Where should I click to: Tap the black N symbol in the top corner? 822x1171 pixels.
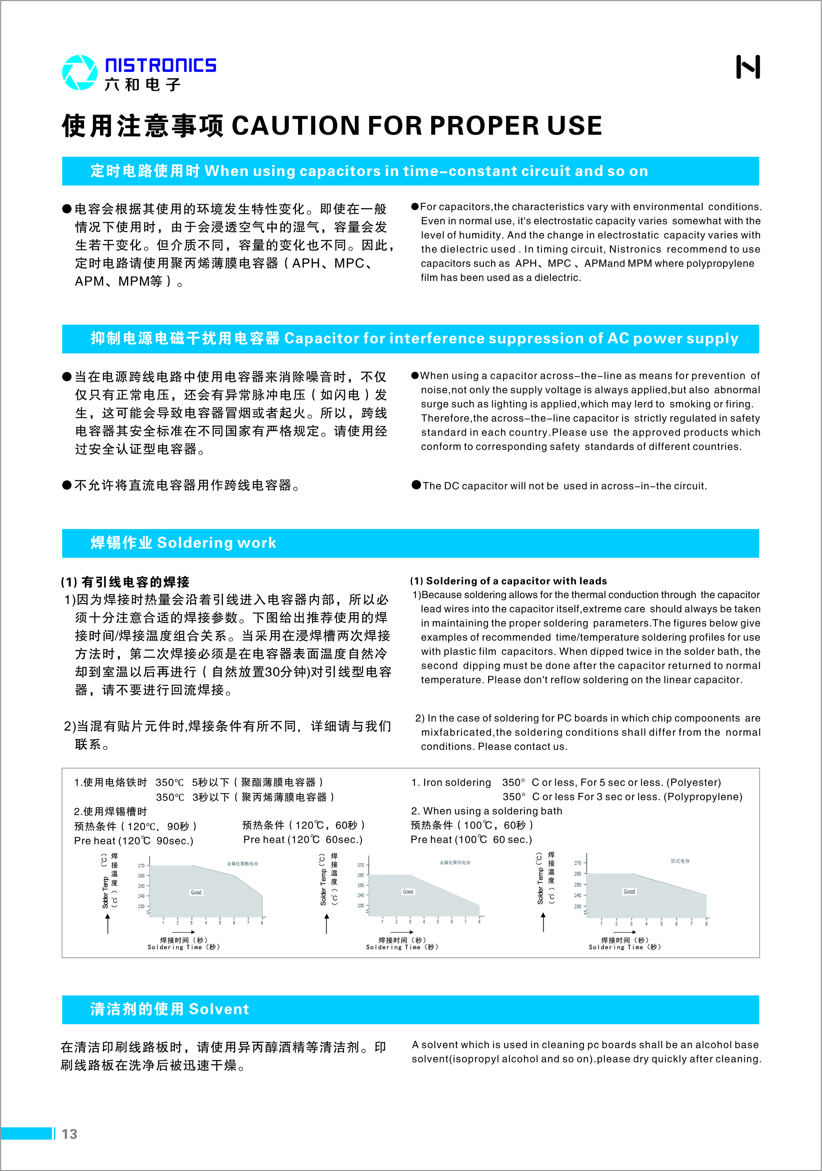pyautogui.click(x=748, y=67)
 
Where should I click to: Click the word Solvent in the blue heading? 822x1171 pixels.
pyautogui.click(x=219, y=1009)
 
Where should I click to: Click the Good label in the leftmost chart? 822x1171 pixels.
pyautogui.click(x=196, y=893)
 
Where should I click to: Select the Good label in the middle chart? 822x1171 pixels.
pyautogui.click(x=408, y=892)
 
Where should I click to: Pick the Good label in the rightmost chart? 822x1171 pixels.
pyautogui.click(x=629, y=892)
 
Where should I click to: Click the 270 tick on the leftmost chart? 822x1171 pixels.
pyautogui.click(x=141, y=865)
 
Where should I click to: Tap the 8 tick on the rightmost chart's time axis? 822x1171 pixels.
pyautogui.click(x=706, y=924)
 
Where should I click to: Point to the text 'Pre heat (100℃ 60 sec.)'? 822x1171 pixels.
pyautogui.click(x=471, y=839)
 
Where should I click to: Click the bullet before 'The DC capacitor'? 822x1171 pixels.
pyautogui.click(x=416, y=485)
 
